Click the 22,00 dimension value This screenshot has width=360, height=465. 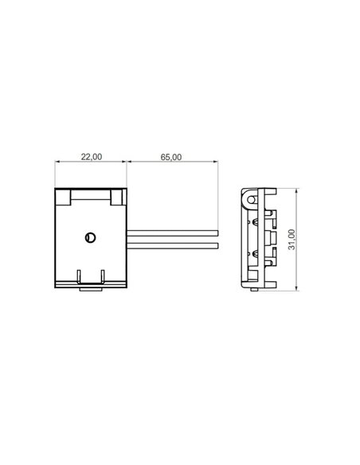(x=92, y=157)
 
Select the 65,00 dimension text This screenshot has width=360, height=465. (x=171, y=157)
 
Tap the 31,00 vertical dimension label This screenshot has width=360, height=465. (x=292, y=238)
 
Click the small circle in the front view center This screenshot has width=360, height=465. (x=91, y=236)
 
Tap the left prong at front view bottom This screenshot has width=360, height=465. (x=79, y=275)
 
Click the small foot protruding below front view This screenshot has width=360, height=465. (x=91, y=289)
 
